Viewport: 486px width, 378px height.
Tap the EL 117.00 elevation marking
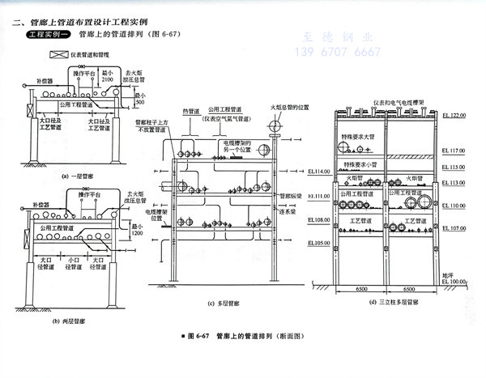[x=457, y=151]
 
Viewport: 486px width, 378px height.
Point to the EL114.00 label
[x=318, y=172]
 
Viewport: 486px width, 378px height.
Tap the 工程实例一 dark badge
[x=51, y=37]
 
